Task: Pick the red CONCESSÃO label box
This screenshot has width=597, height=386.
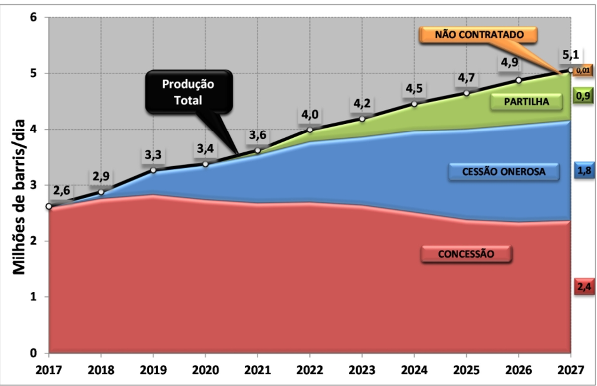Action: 466,254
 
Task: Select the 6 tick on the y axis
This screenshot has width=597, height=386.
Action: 34,17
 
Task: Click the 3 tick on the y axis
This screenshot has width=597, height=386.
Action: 34,185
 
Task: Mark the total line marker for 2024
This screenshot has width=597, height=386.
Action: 414,104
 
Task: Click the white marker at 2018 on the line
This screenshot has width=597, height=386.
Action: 101,192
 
